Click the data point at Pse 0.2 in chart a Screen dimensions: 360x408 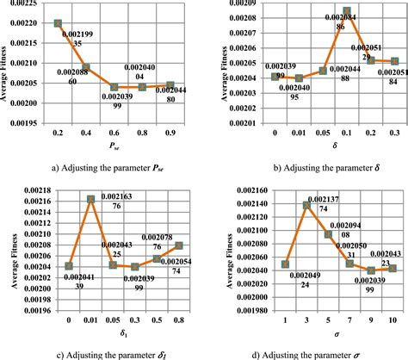(58, 23)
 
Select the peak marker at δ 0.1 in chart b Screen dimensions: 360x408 (346, 12)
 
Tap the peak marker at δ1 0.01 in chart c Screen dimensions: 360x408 (91, 199)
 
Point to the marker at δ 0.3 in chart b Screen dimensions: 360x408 (393, 61)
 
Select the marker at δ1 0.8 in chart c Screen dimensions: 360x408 (178, 245)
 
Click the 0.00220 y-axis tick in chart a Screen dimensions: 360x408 (22, 23)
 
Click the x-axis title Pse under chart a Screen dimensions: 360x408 (114, 147)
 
